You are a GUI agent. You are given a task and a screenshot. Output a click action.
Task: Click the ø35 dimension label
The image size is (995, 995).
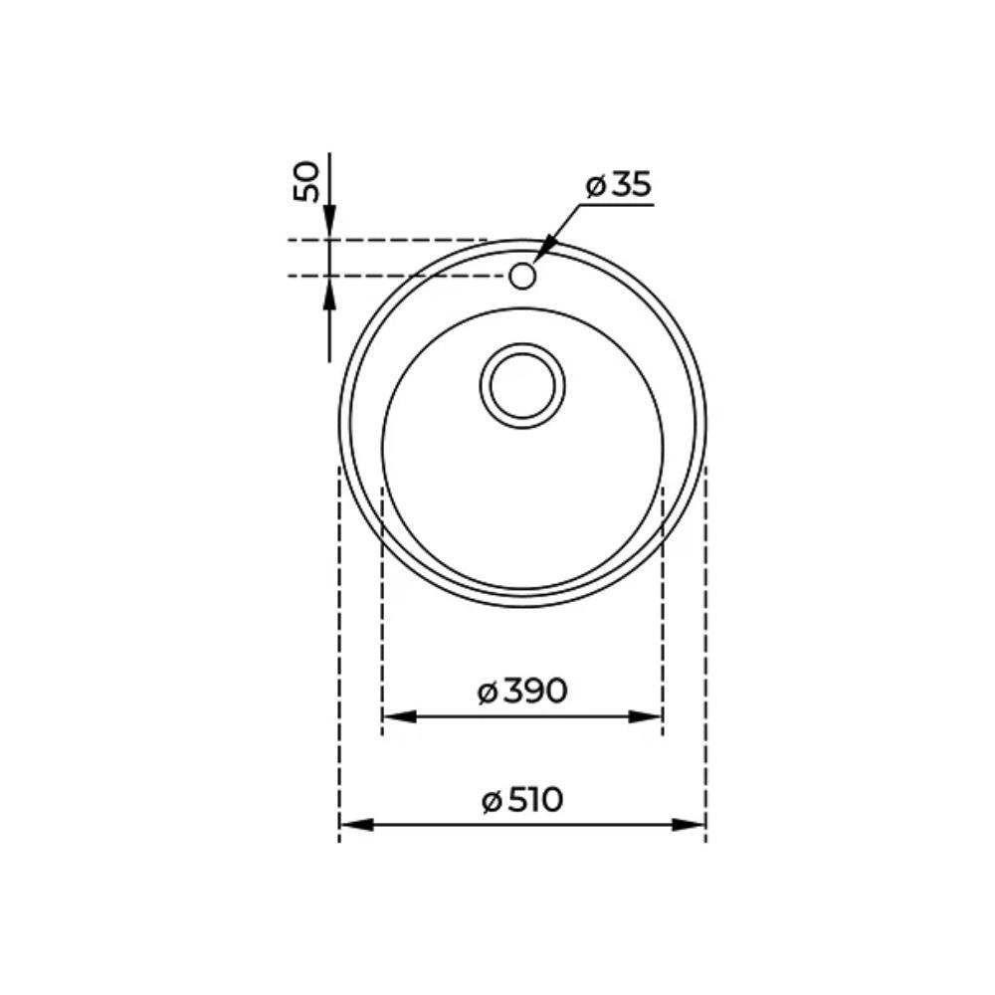click(x=619, y=185)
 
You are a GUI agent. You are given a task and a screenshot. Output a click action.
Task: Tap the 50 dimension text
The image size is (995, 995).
click(x=307, y=182)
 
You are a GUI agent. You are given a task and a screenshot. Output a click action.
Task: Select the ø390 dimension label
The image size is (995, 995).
click(x=521, y=692)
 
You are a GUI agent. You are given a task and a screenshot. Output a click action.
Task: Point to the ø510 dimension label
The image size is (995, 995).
click(x=522, y=800)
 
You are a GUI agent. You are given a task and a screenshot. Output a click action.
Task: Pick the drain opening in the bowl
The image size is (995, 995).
click(x=522, y=386)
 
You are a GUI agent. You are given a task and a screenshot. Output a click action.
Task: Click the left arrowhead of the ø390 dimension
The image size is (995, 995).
click(x=400, y=717)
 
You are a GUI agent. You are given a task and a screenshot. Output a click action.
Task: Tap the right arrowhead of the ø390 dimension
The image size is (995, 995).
click(x=646, y=717)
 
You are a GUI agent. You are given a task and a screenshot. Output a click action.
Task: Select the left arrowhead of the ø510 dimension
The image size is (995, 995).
click(x=356, y=825)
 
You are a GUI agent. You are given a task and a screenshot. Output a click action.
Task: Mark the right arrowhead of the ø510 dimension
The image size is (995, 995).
click(x=689, y=825)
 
